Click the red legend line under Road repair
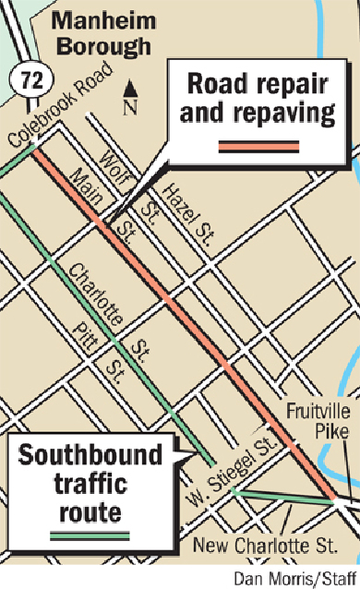point(258,145)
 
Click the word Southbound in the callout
point(91,455)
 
